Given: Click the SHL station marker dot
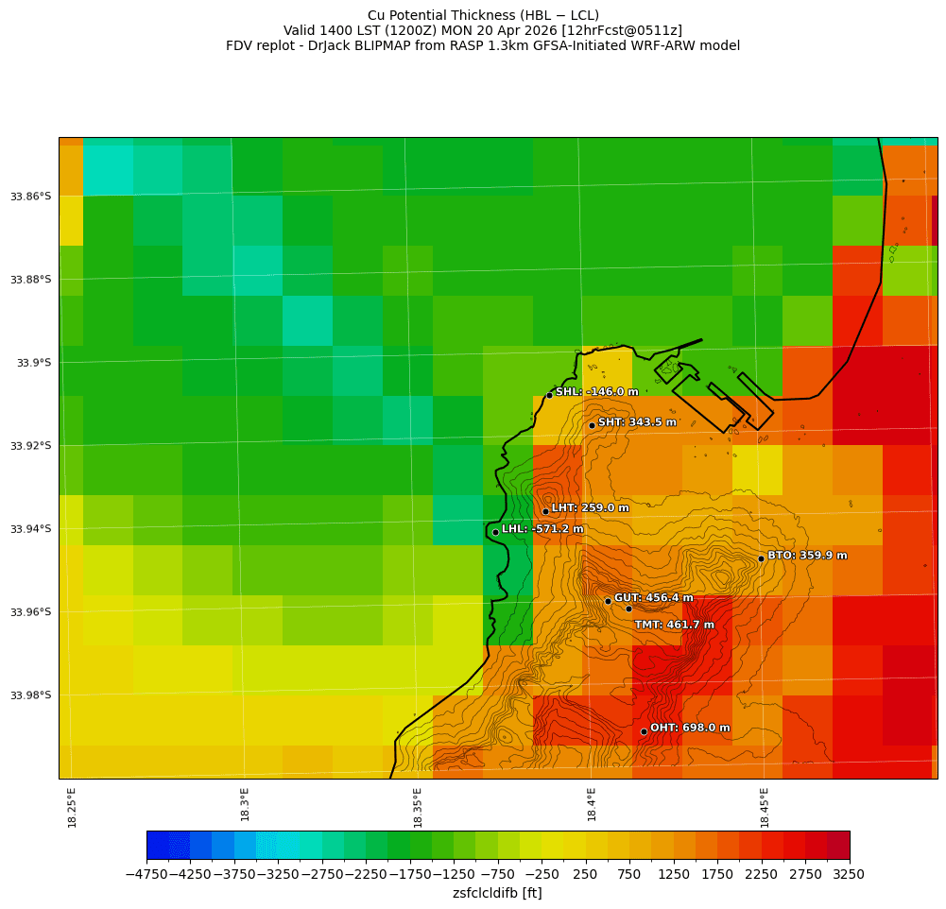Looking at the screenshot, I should [549, 395].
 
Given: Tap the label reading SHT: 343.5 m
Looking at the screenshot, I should [637, 422].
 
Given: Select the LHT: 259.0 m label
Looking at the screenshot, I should [590, 508].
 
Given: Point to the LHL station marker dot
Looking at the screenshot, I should [495, 532].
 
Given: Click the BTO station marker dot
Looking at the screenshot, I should [761, 558].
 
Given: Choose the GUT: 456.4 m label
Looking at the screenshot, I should [653, 598].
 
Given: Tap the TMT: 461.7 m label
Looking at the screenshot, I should [674, 625].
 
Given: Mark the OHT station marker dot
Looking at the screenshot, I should [644, 731].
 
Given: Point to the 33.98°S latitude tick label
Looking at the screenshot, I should [31, 695].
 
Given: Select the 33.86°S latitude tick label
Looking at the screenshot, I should [31, 197].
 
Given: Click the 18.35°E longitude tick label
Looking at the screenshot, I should [418, 807].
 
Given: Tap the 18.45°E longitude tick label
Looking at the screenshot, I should [765, 807].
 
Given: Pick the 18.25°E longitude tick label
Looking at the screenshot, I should [73, 807].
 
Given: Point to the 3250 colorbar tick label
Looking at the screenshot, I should [849, 875].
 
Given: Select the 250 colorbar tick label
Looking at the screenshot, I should [586, 875].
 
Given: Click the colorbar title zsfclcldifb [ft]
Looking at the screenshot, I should [497, 893].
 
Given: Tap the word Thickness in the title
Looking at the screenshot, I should [479, 15].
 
